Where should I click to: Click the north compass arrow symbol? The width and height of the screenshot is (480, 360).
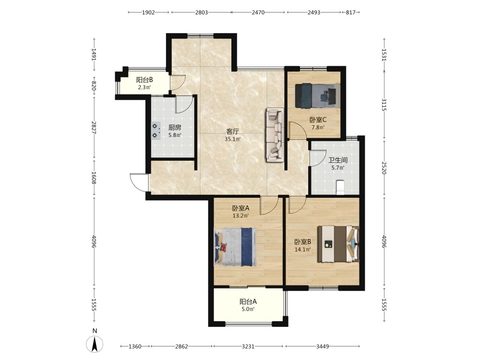95,344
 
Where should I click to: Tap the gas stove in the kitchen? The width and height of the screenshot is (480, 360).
156,131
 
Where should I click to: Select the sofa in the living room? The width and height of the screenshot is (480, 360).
275,135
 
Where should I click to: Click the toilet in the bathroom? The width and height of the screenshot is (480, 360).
340,187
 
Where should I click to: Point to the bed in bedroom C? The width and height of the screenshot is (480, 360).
317,96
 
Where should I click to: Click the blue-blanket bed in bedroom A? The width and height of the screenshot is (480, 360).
235,247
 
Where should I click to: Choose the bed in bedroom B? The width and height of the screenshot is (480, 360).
338,244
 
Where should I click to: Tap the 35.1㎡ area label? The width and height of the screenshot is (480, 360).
233,139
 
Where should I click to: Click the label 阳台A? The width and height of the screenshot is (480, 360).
248,301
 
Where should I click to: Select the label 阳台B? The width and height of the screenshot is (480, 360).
144,80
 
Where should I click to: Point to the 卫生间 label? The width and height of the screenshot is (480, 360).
338,160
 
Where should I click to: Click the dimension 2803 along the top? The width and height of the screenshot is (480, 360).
202,12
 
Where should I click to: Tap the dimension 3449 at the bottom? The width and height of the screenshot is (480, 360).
323,346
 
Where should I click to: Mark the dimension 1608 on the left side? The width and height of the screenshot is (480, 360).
94,178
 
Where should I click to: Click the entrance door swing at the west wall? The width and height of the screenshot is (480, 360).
139,182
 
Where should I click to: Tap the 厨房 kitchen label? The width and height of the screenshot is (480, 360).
175,128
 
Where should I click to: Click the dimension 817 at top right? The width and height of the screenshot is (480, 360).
350,12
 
